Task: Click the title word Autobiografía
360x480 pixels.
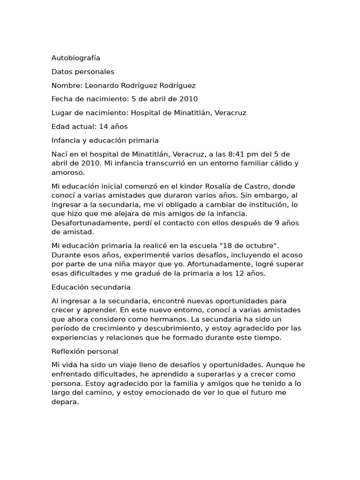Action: (75, 58)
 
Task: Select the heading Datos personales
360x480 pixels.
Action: (82, 72)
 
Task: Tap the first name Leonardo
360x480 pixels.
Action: (102, 85)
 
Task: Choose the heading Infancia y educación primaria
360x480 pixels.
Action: (105, 140)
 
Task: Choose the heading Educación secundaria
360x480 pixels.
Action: (91, 287)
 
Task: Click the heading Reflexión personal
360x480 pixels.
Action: (85, 351)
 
